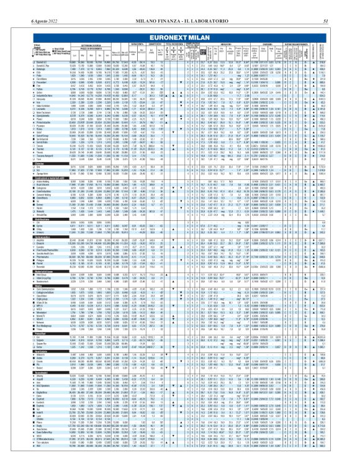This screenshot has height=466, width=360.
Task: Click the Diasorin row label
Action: click(12, 243)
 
